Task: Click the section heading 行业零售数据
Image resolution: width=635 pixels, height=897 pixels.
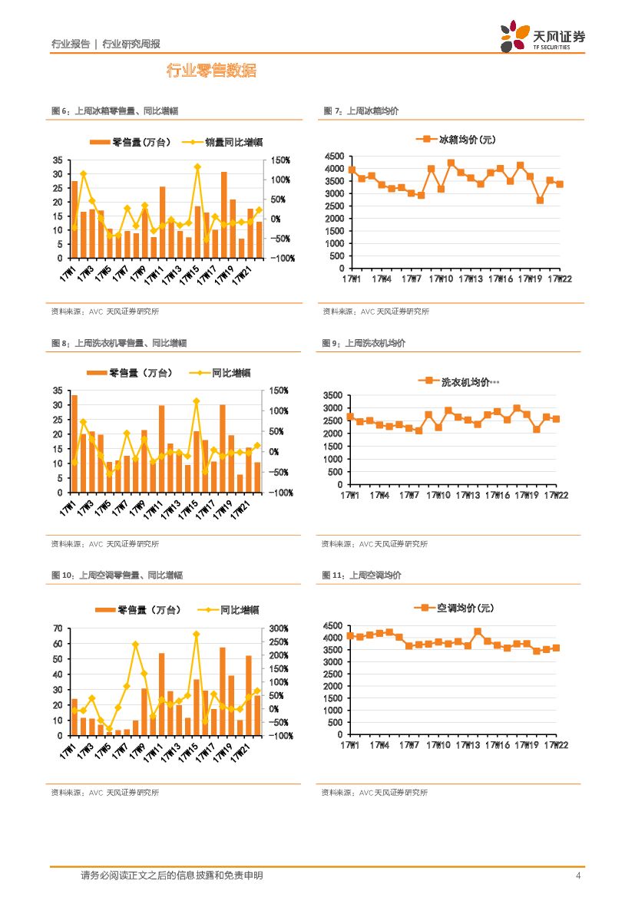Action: pos(211,71)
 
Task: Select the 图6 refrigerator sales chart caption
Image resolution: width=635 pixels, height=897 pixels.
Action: pos(114,111)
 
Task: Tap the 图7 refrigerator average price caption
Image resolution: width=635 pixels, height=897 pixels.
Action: pos(361,111)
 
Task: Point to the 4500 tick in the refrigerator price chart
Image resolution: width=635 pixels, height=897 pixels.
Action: pos(333,156)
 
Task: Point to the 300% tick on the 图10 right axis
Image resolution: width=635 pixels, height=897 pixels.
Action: pos(278,628)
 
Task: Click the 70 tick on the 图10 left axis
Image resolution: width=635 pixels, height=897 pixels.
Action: pos(58,628)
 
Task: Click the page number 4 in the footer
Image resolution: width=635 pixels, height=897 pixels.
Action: pos(578,876)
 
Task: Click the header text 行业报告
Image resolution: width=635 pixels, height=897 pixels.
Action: pos(70,44)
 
